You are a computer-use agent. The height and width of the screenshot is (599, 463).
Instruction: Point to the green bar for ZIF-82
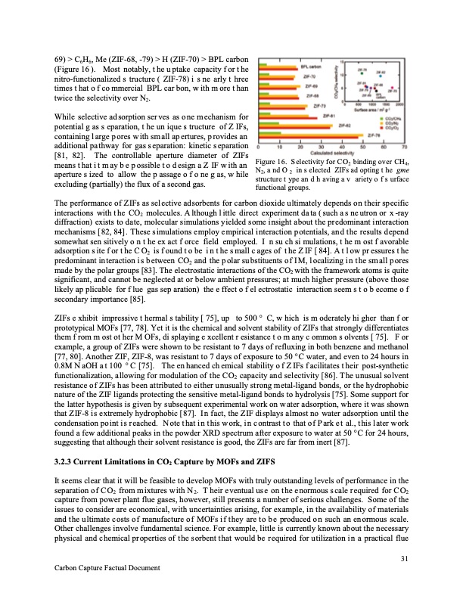pyautogui.click(x=288, y=128)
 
